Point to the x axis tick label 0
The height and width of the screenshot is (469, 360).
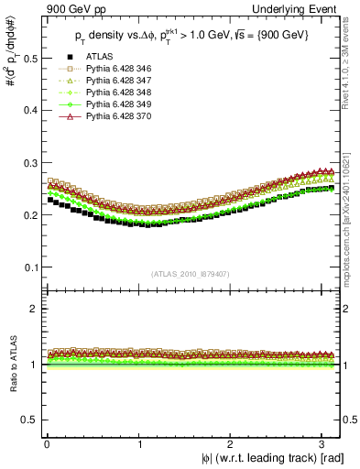click(x=47, y=442)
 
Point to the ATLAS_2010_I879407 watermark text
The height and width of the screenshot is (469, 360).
click(x=190, y=273)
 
